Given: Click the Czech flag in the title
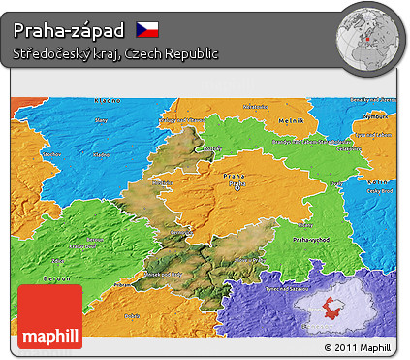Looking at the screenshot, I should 147,28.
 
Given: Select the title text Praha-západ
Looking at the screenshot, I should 69,29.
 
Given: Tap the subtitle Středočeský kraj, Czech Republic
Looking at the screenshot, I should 115,53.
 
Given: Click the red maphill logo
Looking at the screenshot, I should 50,316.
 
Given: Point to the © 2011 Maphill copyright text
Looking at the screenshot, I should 358,346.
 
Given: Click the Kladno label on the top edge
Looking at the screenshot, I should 108,100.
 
